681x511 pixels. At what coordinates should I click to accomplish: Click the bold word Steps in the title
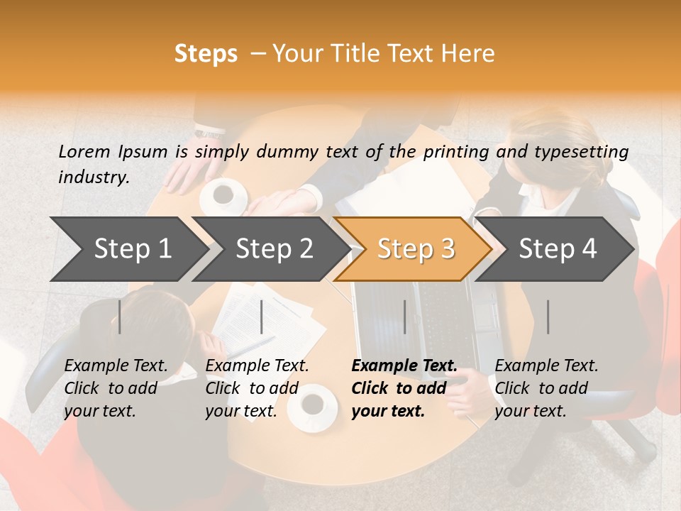(206, 54)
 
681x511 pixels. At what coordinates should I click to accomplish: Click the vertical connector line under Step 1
(120, 317)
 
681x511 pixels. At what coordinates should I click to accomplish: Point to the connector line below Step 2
(262, 317)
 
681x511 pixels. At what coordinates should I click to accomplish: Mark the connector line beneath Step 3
(404, 317)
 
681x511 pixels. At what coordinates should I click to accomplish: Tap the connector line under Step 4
(548, 317)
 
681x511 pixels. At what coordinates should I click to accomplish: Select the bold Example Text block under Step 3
(404, 388)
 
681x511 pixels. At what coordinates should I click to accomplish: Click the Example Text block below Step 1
(116, 388)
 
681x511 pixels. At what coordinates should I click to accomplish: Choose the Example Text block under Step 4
(546, 388)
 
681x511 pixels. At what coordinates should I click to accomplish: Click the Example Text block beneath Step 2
(257, 388)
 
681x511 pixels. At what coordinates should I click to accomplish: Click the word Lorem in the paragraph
(84, 152)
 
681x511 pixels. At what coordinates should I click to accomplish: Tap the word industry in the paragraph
(93, 177)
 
